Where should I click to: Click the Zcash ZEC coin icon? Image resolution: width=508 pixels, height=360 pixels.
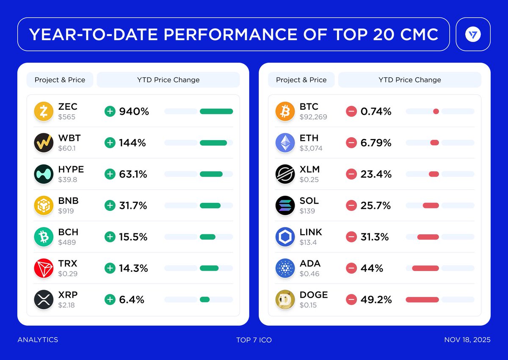tap(44, 111)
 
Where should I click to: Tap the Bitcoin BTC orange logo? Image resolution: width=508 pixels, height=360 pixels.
tap(285, 111)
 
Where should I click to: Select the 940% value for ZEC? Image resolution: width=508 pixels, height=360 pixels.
tap(134, 111)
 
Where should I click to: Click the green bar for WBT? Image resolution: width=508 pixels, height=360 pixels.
tap(213, 143)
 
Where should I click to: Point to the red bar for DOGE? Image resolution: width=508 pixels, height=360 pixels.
tap(422, 299)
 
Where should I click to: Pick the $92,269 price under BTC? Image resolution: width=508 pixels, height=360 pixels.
tap(313, 117)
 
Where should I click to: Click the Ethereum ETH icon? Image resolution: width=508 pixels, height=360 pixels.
tap(285, 143)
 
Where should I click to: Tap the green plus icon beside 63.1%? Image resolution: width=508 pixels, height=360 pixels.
tap(110, 174)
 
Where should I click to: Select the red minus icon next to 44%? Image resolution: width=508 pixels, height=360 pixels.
tap(351, 268)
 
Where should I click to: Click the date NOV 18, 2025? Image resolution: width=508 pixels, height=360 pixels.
tap(467, 340)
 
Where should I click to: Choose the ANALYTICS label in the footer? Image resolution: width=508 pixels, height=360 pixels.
tap(38, 340)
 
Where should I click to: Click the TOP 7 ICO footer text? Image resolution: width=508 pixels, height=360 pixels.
tap(254, 340)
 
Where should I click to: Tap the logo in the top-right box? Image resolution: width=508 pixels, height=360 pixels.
tap(473, 34)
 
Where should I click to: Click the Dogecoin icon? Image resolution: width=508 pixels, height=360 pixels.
tap(285, 299)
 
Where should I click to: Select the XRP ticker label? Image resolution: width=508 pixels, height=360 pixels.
tap(68, 295)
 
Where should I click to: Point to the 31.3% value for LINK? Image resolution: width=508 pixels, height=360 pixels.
tap(375, 237)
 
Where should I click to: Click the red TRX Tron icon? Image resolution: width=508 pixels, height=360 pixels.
tap(44, 268)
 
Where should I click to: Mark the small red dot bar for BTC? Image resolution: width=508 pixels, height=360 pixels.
tap(436, 111)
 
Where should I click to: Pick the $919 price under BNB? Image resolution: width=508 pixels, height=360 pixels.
tap(66, 211)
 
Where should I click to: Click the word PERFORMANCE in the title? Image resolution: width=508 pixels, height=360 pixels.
tap(232, 34)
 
